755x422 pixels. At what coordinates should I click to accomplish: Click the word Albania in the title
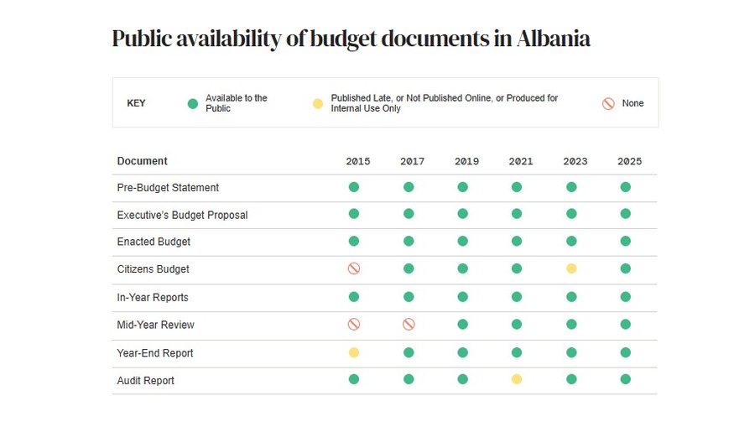pos(554,39)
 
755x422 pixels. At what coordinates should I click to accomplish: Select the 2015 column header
pos(357,161)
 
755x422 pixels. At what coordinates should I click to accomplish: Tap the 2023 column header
pos(575,161)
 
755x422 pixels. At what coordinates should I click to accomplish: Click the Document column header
pos(142,161)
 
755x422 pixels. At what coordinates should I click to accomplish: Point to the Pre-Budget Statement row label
pos(168,187)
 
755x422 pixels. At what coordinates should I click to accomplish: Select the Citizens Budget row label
pos(154,268)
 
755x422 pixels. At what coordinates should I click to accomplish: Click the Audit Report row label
pos(145,381)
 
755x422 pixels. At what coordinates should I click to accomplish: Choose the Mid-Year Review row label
pos(155,325)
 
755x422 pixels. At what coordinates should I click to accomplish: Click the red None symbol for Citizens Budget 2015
pos(354,268)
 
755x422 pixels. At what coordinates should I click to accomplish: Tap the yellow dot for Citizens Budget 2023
pos(571,268)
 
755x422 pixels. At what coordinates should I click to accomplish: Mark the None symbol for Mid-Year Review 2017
pos(409,324)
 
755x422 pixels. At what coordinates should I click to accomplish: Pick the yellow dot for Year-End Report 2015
pos(354,352)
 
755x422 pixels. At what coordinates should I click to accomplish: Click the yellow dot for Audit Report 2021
pos(517,379)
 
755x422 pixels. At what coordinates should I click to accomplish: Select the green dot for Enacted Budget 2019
pos(463,241)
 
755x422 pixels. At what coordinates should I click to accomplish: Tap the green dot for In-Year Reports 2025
pos(626,297)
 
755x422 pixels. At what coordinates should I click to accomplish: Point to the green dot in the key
pos(193,103)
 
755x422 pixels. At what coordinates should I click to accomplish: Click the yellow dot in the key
pos(318,103)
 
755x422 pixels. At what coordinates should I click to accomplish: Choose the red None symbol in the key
pos(608,103)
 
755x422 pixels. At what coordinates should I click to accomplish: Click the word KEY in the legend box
pos(136,103)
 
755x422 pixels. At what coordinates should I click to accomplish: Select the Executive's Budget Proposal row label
pos(182,215)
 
